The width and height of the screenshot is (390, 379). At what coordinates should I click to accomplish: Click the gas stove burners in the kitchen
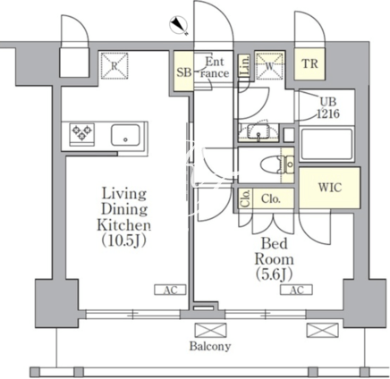[82, 133]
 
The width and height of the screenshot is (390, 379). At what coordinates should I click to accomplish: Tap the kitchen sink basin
[125, 135]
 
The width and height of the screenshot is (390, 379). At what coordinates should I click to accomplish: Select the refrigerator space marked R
[114, 66]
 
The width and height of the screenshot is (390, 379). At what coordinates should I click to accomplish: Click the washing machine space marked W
[269, 66]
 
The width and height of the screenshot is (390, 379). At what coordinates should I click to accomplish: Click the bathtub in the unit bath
[326, 145]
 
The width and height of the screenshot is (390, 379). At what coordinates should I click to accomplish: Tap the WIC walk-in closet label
[330, 188]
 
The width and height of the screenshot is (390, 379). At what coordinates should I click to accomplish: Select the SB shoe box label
[183, 72]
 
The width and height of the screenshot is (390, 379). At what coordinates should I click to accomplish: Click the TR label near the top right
[309, 63]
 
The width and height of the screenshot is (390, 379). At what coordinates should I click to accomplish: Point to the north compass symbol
[179, 25]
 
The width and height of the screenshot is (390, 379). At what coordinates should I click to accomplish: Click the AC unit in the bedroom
[296, 290]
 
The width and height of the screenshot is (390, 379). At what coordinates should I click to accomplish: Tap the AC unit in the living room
[170, 290]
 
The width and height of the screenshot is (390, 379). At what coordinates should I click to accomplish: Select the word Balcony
[210, 346]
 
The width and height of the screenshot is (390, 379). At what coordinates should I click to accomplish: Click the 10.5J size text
[124, 240]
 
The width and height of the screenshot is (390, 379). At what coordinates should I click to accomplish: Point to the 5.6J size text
[274, 274]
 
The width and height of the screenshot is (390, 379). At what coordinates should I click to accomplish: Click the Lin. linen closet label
[244, 66]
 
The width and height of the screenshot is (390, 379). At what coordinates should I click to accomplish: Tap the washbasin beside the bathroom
[259, 131]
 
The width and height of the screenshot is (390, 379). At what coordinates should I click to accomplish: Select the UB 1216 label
[328, 107]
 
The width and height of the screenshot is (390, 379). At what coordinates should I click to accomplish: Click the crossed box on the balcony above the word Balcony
[210, 330]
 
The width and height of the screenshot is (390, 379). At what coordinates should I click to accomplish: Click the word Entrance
[214, 67]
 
